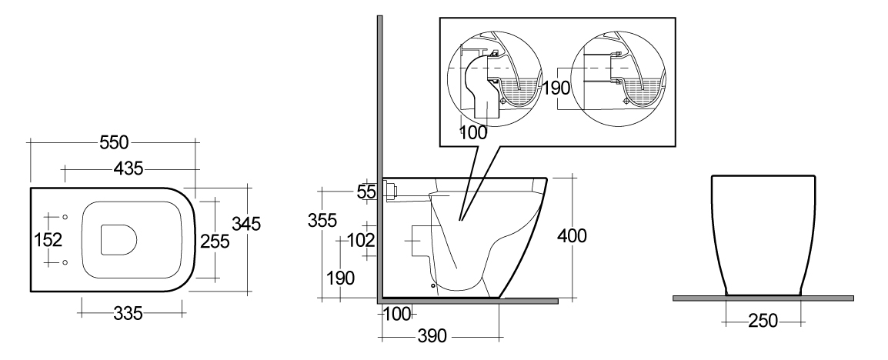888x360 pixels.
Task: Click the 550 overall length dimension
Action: (115, 142)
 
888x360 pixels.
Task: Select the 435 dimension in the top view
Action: (129, 168)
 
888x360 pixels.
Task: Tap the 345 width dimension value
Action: (245, 224)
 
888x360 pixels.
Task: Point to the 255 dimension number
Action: (215, 242)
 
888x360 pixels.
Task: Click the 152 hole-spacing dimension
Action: (48, 240)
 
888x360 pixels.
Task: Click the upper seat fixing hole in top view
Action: (65, 218)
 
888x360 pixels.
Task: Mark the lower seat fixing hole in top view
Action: (65, 262)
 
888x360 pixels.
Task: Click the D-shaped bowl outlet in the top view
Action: (119, 240)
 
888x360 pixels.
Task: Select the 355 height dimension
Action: (322, 220)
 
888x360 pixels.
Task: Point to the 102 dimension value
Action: (360, 241)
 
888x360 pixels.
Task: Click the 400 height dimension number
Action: (572, 235)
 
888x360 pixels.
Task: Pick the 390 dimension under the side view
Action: (432, 336)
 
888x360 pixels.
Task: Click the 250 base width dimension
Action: (763, 322)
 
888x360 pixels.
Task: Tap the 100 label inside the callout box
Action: (473, 133)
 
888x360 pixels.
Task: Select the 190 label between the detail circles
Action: (556, 88)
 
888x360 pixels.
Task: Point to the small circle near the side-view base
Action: (434, 286)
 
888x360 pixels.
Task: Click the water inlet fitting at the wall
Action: (389, 191)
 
